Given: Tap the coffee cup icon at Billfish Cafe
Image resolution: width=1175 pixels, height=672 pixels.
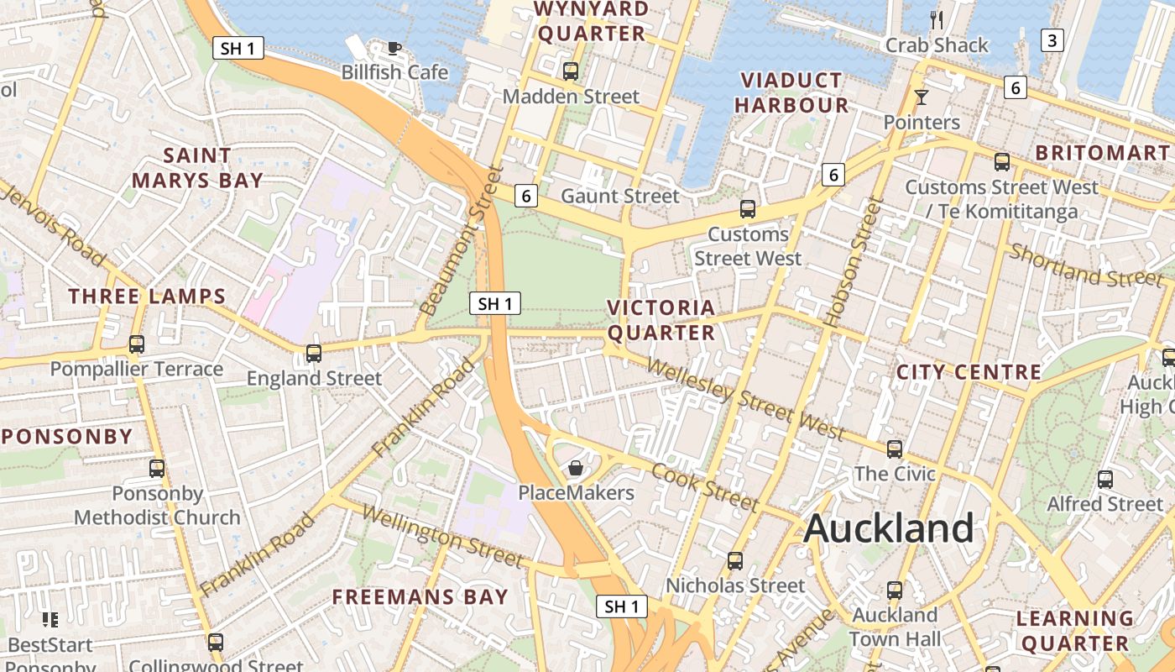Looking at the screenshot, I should coord(394,48).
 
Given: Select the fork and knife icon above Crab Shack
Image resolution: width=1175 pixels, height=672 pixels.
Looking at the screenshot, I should coord(937,19).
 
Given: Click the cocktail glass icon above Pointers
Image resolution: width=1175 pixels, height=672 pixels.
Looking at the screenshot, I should coord(922,97).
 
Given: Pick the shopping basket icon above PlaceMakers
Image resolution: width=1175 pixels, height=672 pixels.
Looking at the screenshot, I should coord(576,468).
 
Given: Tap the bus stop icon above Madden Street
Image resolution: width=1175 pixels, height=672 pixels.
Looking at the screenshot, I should coord(571,71).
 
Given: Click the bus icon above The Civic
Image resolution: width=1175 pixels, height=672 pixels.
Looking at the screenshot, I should coord(895,449).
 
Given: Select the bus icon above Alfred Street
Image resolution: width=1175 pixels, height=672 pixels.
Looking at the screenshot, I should coord(1105,479).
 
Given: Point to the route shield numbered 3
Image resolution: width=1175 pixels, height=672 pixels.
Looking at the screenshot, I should coord(1052,39).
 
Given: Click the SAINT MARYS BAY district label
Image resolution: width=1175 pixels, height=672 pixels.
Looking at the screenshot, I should coord(197,168).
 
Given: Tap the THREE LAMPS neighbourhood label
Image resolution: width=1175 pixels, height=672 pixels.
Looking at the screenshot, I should coord(147,296).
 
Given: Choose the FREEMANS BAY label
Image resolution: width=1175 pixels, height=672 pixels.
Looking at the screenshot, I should coord(420,597).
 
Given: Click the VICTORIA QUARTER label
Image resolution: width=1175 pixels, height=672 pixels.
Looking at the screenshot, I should coord(661,320).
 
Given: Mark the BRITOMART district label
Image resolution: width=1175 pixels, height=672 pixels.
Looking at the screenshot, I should coord(1102,153).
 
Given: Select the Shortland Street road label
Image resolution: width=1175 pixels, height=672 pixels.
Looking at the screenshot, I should coord(1086,264).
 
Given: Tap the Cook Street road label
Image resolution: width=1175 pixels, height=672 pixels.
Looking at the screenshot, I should coord(705,486).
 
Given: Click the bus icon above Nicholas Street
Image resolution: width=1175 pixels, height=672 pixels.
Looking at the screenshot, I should coord(735,560).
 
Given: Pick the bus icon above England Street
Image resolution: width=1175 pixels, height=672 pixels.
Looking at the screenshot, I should coord(314,353).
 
